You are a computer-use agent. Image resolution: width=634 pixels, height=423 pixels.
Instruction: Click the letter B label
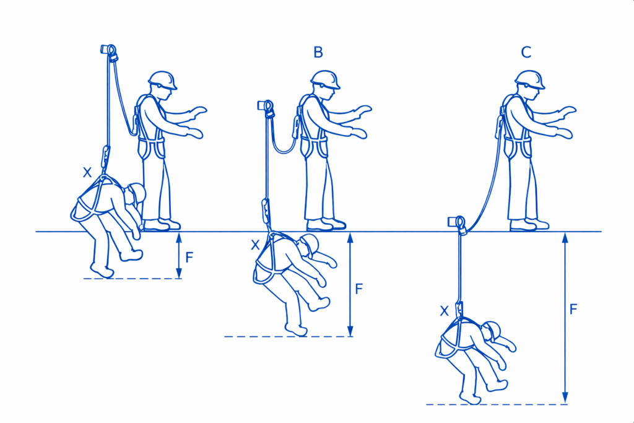[318, 52]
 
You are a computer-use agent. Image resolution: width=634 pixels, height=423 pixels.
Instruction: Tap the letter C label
[526, 52]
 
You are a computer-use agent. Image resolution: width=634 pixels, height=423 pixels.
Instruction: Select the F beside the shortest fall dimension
[189, 257]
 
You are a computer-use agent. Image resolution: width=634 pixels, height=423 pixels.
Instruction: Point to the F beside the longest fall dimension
[573, 310]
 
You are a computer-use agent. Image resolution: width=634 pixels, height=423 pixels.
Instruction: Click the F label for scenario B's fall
[359, 289]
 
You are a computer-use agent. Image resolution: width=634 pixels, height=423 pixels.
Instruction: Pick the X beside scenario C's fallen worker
[444, 311]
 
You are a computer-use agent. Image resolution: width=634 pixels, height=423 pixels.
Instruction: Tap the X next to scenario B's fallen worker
[255, 245]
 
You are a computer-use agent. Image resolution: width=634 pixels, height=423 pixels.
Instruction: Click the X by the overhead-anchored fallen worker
[87, 173]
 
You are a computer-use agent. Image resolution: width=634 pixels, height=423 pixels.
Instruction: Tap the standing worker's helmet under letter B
[325, 80]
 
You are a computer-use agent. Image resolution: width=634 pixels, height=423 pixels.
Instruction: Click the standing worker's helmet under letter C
[529, 80]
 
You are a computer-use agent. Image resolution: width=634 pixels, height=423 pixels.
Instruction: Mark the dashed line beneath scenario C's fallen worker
[497, 404]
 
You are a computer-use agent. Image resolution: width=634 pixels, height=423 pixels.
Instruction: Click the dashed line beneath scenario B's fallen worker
[289, 336]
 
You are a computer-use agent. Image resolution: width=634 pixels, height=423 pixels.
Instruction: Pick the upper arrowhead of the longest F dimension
[565, 237]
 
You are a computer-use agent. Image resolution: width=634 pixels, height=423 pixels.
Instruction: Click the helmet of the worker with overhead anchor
[162, 80]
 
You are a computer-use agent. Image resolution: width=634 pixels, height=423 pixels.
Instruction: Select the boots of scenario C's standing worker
[529, 224]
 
